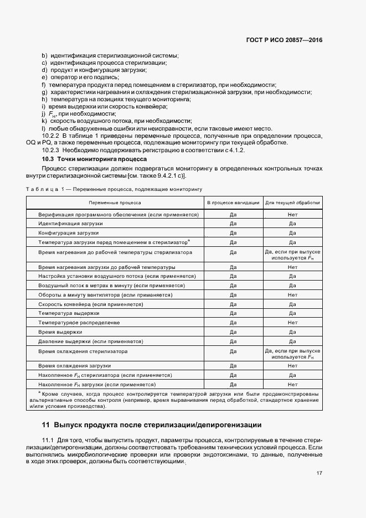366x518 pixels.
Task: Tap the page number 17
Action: [x=319, y=473]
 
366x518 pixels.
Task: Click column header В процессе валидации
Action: [x=233, y=203]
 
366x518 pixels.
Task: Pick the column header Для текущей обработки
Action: [x=292, y=203]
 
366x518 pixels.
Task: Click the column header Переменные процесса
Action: [x=115, y=203]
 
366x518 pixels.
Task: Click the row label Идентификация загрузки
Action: [x=70, y=223]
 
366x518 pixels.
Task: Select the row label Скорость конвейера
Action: [x=91, y=304]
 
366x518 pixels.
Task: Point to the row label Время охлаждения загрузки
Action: [x=75, y=366]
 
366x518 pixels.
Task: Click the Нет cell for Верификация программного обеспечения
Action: [x=292, y=214]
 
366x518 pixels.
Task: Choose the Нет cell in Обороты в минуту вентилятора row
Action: [x=292, y=295]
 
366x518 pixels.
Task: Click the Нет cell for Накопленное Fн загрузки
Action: [x=292, y=384]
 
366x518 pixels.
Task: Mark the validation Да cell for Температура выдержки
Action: [x=233, y=313]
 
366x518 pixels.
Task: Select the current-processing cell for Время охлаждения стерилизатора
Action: [x=292, y=354]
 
